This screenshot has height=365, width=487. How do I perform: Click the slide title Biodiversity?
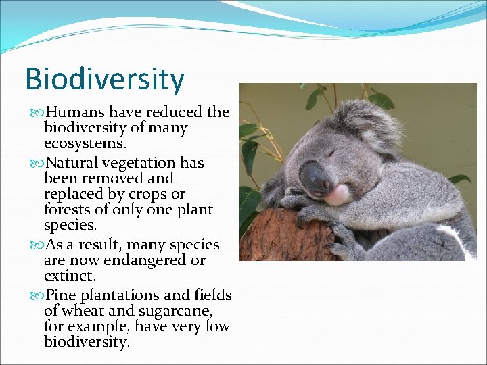(104, 79)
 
